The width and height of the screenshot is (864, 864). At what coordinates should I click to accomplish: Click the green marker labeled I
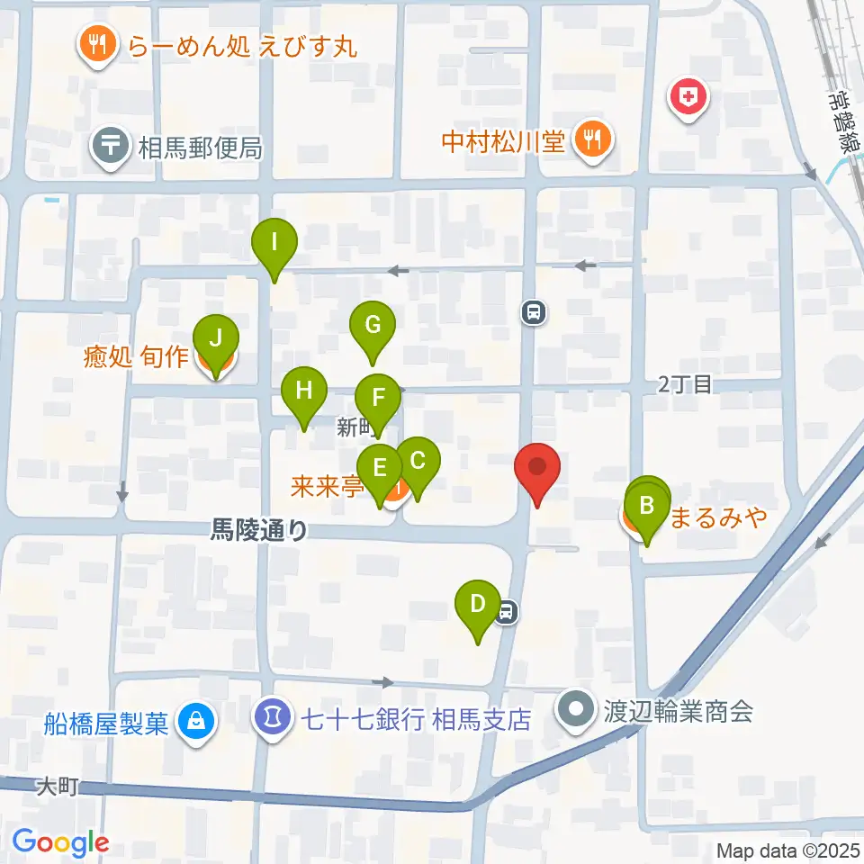274,243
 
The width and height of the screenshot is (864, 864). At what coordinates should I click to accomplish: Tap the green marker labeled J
216,339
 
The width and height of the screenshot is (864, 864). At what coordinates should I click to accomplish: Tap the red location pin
537,469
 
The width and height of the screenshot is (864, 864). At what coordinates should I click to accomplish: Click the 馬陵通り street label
258,531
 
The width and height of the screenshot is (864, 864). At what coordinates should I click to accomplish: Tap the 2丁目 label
685,385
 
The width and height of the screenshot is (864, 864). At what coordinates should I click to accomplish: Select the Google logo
61,841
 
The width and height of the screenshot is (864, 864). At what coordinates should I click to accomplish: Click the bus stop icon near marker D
507,612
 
